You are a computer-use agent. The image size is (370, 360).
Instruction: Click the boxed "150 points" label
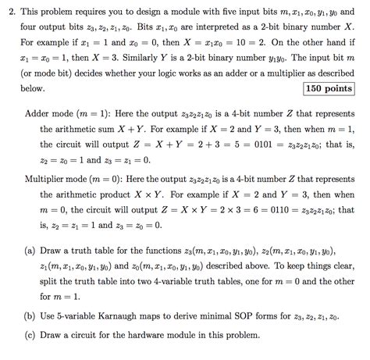click(x=329, y=89)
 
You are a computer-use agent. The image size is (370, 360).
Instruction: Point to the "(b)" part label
click(x=33, y=318)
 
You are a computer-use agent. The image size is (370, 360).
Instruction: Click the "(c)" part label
click(x=33, y=335)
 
